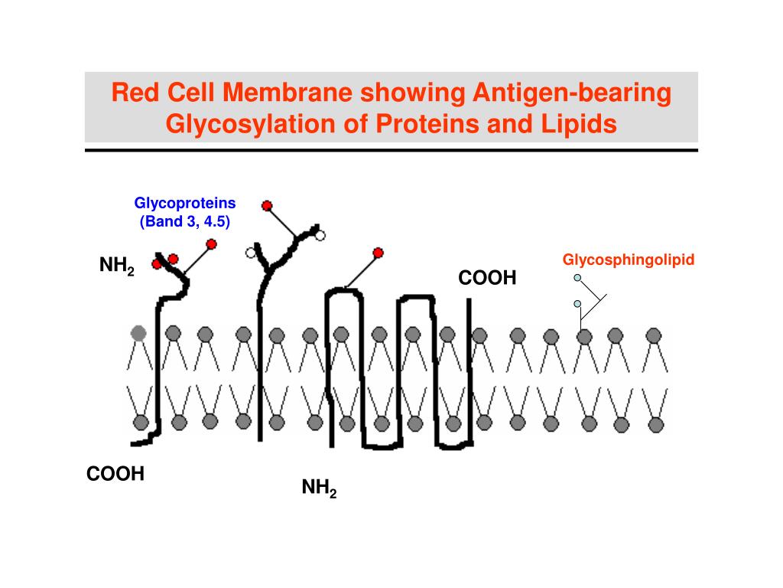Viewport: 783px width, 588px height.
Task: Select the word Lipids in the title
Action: pyautogui.click(x=580, y=123)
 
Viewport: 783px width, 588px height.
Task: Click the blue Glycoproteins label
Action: pyautogui.click(x=185, y=204)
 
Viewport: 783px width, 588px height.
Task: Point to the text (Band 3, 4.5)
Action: pyautogui.click(x=185, y=222)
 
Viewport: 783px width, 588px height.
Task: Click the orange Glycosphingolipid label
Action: pyautogui.click(x=629, y=260)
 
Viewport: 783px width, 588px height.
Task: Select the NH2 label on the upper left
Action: pyautogui.click(x=116, y=266)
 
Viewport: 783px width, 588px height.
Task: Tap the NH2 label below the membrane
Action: pyautogui.click(x=319, y=488)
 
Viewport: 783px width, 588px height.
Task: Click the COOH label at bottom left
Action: pyautogui.click(x=115, y=474)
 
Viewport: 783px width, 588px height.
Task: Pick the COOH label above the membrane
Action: pyautogui.click(x=487, y=278)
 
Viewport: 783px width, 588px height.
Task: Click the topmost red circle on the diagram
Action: pyautogui.click(x=267, y=205)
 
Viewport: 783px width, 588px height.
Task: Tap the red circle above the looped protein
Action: pyautogui.click(x=377, y=253)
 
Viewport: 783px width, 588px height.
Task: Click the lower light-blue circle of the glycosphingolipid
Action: pyautogui.click(x=578, y=304)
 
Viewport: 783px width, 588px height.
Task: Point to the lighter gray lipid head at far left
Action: pyautogui.click(x=138, y=332)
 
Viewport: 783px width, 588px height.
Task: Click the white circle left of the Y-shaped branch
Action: pyautogui.click(x=249, y=252)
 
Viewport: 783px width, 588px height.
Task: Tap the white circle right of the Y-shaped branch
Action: pyautogui.click(x=320, y=235)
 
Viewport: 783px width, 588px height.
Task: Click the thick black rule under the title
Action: pyautogui.click(x=391, y=150)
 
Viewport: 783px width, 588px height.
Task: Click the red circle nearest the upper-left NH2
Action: pyautogui.click(x=157, y=264)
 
